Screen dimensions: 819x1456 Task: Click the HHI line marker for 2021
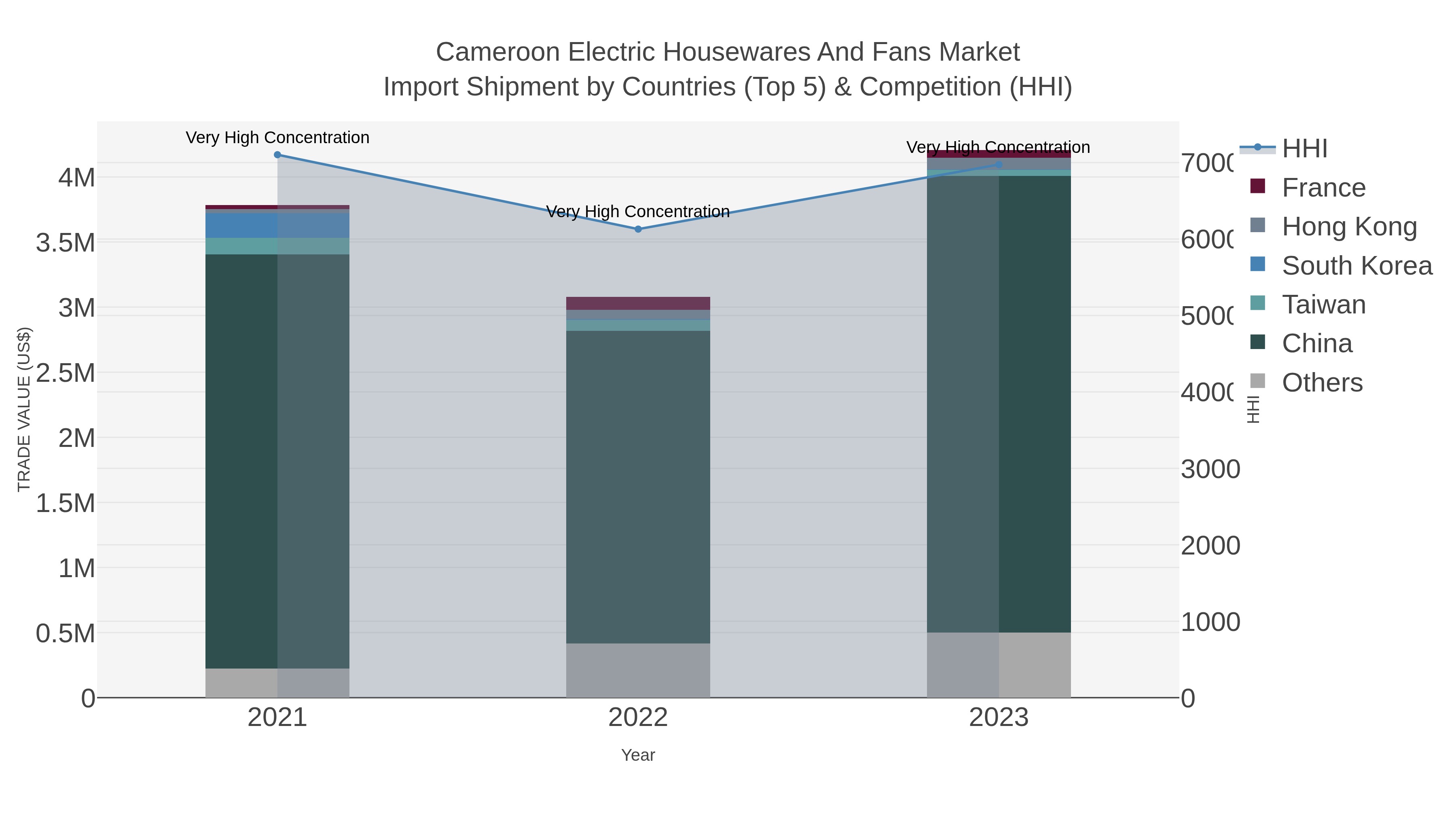(x=277, y=155)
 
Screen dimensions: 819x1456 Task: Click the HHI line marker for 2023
(x=999, y=165)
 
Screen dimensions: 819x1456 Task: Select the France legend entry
(x=1323, y=188)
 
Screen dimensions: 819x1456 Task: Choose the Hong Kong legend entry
(x=1349, y=226)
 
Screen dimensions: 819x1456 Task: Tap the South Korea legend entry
(x=1357, y=266)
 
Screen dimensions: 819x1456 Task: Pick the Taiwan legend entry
(x=1323, y=305)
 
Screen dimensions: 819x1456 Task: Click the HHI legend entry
(x=1304, y=149)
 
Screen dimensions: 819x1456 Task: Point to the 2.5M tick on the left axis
(x=65, y=373)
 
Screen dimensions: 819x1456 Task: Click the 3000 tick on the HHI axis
(x=1210, y=469)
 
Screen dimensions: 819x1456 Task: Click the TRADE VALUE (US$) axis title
(x=24, y=409)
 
